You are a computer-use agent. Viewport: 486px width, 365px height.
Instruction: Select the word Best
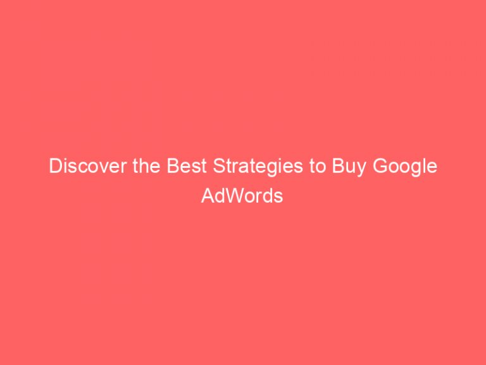pyautogui.click(x=177, y=167)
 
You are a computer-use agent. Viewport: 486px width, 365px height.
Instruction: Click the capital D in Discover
pyautogui.click(x=55, y=167)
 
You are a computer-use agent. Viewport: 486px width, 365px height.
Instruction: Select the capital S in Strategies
pyautogui.click(x=207, y=167)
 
